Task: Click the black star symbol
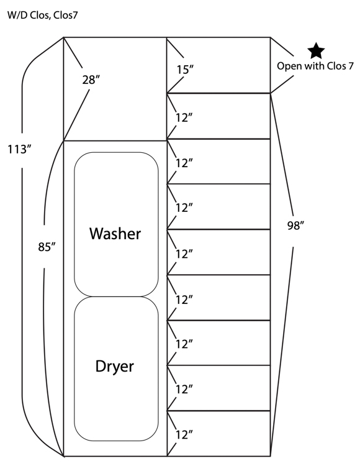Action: coord(316,51)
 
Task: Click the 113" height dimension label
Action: coord(19,149)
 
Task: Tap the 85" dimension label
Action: coord(47,247)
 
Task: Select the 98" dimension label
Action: coord(296,226)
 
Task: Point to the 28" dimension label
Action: coord(91,80)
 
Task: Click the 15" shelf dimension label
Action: coord(185,70)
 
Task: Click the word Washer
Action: coord(115,234)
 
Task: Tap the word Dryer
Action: coord(115,367)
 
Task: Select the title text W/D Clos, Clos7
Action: coord(42,15)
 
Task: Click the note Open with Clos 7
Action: coord(315,66)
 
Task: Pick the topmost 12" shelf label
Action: coord(184,117)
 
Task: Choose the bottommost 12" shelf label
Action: coord(184,435)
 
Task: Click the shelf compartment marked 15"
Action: coord(218,65)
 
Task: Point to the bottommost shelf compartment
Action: coord(218,433)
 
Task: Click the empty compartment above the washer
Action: coord(115,89)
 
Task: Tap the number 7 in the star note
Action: coord(351,66)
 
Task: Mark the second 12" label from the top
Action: coord(184,163)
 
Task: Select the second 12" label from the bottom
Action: coord(184,389)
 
